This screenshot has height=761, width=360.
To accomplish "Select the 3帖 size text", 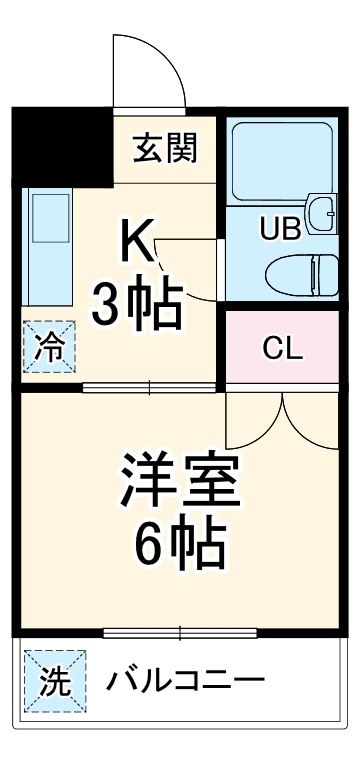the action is tap(138, 304).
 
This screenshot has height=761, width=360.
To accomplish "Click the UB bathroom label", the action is tap(280, 228).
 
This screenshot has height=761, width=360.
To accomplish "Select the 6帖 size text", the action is tap(181, 543).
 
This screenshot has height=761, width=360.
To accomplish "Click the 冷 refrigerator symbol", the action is tap(49, 347).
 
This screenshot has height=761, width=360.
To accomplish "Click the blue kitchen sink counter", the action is tap(47, 245).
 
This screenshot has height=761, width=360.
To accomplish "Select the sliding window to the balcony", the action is tap(181, 632).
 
